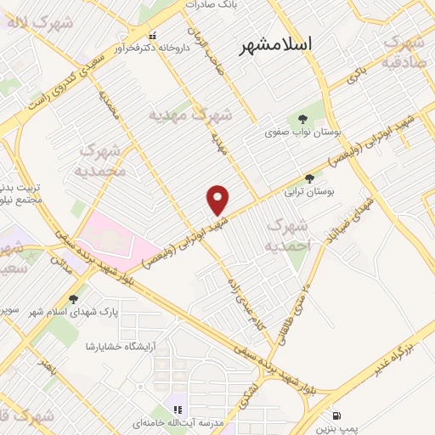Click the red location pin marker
point(218,199)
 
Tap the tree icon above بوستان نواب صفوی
point(302,117)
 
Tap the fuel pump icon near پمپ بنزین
point(339,416)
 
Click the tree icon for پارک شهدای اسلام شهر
point(74,299)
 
